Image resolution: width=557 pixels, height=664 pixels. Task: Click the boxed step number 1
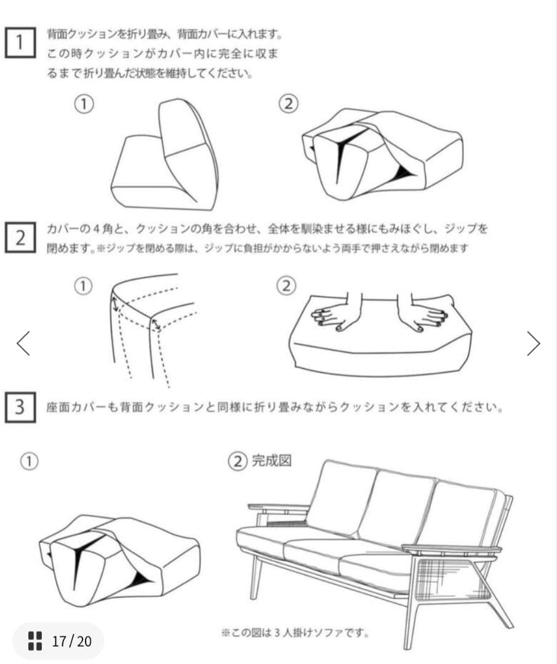tap(20, 42)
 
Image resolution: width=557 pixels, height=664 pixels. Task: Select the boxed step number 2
tap(20, 238)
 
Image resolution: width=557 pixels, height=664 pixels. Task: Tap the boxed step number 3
tap(20, 407)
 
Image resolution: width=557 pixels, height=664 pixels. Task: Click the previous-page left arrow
tap(23, 343)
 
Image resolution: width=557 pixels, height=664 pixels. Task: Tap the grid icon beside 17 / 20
tap(35, 641)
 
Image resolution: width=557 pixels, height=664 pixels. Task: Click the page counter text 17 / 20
tap(71, 641)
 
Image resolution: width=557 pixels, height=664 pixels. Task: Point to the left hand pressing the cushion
tap(339, 314)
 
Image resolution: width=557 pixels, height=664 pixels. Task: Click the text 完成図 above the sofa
tap(271, 460)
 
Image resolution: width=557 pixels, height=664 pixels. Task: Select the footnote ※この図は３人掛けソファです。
tap(295, 633)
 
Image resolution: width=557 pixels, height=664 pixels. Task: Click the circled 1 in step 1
tap(84, 104)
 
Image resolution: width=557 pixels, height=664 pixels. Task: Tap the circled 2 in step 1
tap(288, 104)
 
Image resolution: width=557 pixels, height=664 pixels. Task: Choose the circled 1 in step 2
tap(83, 287)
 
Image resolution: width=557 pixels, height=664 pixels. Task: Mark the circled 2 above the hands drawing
tap(286, 286)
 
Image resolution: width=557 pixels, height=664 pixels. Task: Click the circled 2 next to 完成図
tap(238, 461)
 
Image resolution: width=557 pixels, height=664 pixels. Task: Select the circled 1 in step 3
tap(30, 461)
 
